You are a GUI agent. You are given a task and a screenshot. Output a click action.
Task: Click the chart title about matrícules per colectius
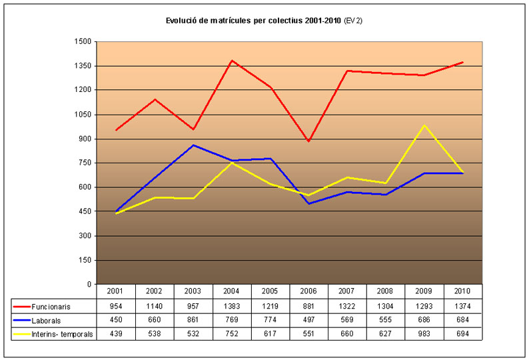click(264, 21)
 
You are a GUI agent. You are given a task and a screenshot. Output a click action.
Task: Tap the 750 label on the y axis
click(85, 163)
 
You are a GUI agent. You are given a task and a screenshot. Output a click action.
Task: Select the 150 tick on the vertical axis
click(85, 260)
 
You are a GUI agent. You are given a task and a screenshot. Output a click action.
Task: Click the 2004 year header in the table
click(232, 292)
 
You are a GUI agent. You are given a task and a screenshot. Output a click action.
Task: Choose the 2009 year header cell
click(424, 292)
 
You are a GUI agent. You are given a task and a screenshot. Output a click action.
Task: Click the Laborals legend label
click(47, 321)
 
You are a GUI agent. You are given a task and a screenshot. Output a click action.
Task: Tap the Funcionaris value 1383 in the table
click(232, 307)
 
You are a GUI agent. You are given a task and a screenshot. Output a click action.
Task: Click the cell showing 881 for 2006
click(309, 307)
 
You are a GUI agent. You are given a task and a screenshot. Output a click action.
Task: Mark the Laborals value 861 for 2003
click(193, 321)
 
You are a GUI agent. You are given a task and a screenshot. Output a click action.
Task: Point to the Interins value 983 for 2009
click(424, 333)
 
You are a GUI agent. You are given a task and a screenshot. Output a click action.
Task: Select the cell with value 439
click(116, 333)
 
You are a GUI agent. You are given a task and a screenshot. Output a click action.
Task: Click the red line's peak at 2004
click(232, 61)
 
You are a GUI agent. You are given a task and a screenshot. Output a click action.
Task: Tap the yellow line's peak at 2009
click(424, 125)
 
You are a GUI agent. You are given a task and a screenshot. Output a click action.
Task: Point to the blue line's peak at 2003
click(193, 145)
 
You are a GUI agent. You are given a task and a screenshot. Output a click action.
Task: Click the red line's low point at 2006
click(309, 141)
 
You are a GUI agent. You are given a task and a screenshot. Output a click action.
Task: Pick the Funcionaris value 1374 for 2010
click(462, 307)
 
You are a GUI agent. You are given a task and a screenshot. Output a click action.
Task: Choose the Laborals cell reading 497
click(309, 321)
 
